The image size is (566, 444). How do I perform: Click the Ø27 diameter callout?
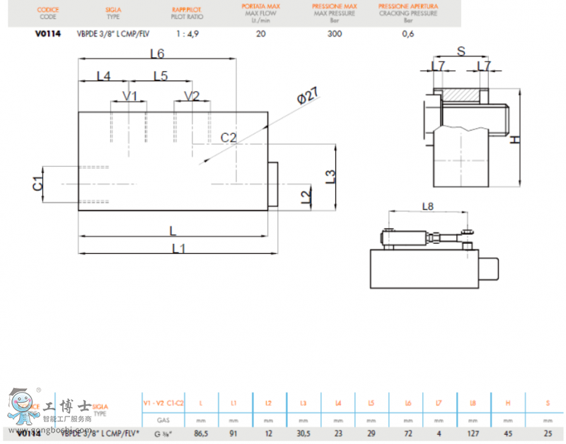click(x=306, y=97)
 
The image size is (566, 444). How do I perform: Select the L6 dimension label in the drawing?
click(x=157, y=54)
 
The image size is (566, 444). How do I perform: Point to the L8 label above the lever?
click(x=427, y=206)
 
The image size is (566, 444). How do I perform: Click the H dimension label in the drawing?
click(x=515, y=139)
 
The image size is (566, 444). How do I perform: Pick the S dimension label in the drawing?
click(x=461, y=51)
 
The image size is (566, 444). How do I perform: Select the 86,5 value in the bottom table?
click(x=201, y=433)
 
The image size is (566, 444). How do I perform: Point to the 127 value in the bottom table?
click(x=473, y=433)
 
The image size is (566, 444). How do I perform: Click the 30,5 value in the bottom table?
click(x=304, y=433)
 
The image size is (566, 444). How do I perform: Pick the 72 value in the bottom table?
click(x=408, y=433)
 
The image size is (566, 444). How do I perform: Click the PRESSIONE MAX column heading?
click(x=335, y=6)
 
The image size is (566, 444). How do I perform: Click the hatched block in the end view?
click(x=461, y=94)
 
